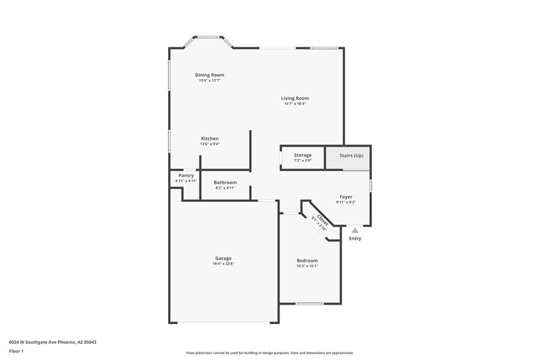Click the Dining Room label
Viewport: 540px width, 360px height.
(x=209, y=75)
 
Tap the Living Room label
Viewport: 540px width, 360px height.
(x=295, y=98)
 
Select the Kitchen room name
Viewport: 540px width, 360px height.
(x=209, y=138)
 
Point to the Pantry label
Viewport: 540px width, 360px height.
(x=186, y=176)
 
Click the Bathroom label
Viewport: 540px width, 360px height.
(x=225, y=182)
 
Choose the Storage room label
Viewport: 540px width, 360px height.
(x=302, y=155)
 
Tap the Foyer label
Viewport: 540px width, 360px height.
(x=346, y=197)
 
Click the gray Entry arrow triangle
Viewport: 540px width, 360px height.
(x=355, y=230)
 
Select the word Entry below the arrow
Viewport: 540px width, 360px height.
(x=355, y=238)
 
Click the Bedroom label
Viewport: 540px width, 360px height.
(x=307, y=261)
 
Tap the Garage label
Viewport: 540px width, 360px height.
(x=223, y=258)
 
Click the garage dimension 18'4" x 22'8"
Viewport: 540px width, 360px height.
(x=223, y=263)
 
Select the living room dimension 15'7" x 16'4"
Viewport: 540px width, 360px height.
(x=295, y=104)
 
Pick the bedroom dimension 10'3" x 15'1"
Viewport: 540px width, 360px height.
(x=307, y=266)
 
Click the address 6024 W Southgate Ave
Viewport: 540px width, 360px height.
(x=53, y=342)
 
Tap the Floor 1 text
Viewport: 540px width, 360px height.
(x=16, y=351)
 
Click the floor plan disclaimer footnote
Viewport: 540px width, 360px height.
(x=270, y=353)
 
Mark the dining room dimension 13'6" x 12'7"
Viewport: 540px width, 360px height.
(x=209, y=80)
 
